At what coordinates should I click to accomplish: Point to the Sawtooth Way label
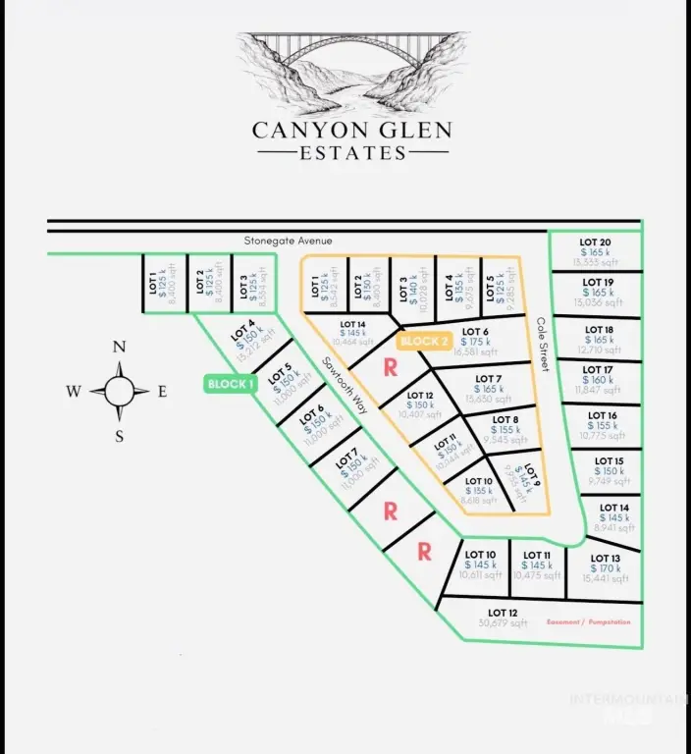345,384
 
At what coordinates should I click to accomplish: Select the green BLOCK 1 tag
231,384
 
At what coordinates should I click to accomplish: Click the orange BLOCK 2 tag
424,342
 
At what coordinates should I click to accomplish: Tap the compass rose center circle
119,391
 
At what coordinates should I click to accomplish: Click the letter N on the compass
119,347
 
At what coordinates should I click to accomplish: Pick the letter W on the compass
74,392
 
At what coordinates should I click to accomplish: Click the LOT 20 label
595,242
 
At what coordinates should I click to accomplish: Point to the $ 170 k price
605,569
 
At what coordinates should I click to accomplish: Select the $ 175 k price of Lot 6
475,343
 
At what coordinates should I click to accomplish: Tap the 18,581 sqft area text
475,352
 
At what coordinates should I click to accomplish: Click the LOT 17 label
597,370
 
